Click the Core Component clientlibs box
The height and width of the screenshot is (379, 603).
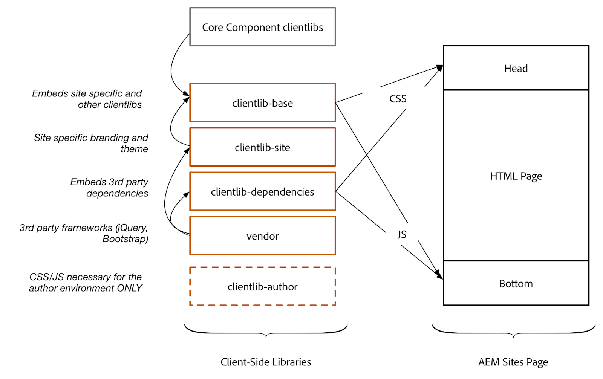pos(262,27)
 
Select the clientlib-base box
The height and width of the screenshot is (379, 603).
pos(262,103)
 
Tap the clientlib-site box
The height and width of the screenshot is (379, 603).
pos(262,147)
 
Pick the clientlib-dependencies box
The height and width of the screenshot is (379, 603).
pos(262,192)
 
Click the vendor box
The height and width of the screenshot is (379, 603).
pos(262,236)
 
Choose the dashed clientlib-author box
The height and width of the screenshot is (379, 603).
pos(262,287)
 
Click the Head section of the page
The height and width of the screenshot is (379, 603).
pos(516,68)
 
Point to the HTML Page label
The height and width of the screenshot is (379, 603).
pos(516,176)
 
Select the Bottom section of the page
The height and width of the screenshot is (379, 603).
pos(516,283)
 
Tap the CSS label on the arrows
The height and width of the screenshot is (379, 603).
pos(398,99)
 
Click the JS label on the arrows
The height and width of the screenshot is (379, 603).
pos(402,234)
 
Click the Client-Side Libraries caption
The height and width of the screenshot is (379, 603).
pos(266,362)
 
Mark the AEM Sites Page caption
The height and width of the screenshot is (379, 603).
pos(513,362)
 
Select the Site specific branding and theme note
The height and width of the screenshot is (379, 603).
pos(92,143)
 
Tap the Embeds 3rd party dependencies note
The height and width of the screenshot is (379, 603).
pos(109,187)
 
